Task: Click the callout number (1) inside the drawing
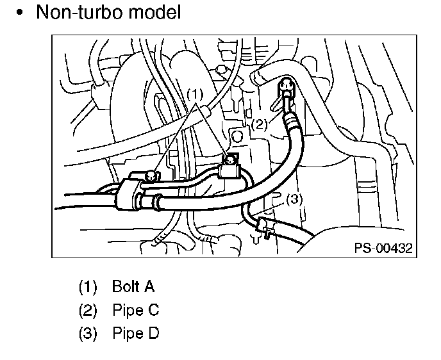[194, 94]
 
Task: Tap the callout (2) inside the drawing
[258, 124]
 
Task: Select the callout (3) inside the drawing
[292, 199]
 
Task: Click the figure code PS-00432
[383, 248]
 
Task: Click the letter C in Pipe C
[153, 310]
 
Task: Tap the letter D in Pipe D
[153, 334]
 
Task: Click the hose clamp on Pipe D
[262, 225]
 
